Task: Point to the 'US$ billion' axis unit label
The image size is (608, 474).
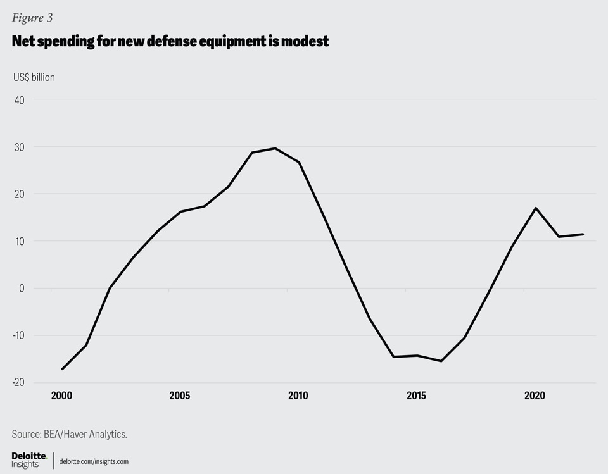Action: point(34,77)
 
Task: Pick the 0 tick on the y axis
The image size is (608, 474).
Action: point(22,289)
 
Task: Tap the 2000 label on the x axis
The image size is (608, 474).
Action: point(61,396)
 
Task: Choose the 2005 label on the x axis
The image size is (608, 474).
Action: point(180,396)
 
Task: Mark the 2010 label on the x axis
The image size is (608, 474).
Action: point(298,396)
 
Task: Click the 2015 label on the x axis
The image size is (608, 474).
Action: point(416,396)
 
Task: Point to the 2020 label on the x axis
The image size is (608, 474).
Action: point(535,396)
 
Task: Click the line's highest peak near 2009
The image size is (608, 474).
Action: point(275,148)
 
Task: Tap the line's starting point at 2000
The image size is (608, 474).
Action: point(62,369)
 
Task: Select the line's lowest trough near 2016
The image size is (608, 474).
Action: point(441,361)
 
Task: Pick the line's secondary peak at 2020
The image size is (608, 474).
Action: point(536,208)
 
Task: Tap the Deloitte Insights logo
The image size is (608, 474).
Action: point(29,460)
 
